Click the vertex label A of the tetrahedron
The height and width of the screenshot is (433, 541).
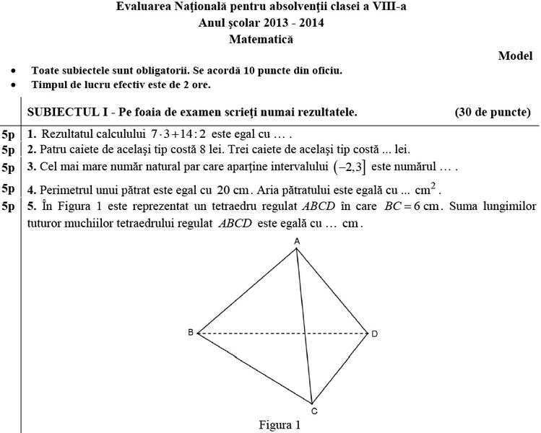[x=296, y=240]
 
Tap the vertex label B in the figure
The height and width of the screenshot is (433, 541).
[x=190, y=333]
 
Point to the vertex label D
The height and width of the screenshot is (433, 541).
[x=374, y=333]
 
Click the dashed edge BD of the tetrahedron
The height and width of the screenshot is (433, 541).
[x=282, y=333]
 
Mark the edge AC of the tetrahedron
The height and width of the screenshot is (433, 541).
[x=304, y=325]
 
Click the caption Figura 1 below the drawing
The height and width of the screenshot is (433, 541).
[x=280, y=425]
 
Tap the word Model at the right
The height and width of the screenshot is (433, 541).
[x=515, y=56]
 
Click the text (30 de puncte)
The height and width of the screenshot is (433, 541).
[x=493, y=112]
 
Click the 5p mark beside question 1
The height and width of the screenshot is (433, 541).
[x=9, y=134]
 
